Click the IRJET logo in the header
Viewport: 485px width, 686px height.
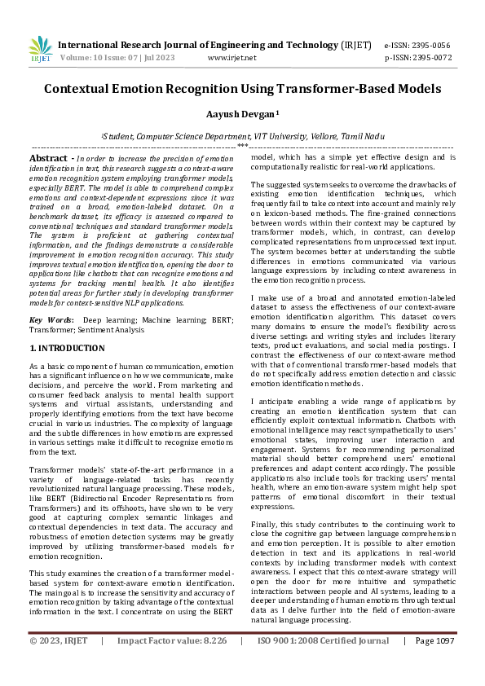[40, 50]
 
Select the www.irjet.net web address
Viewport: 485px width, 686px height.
[232, 58]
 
